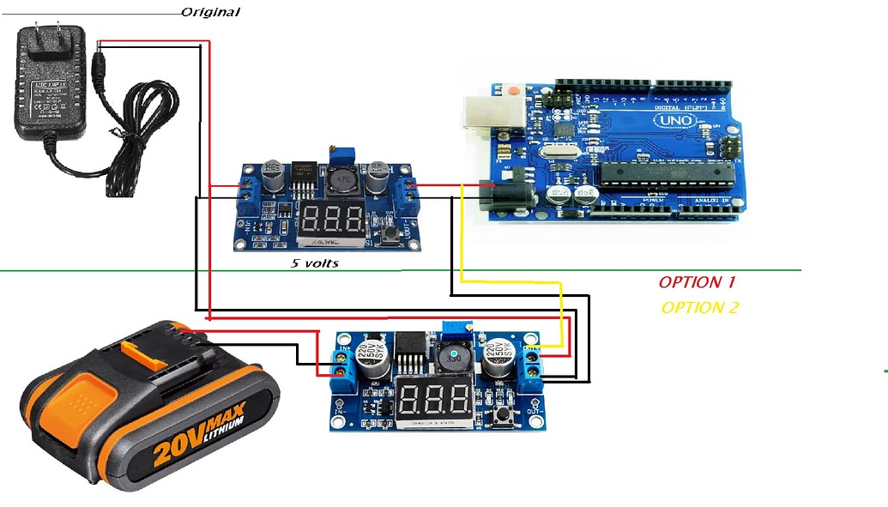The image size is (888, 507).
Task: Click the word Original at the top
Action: pyautogui.click(x=210, y=12)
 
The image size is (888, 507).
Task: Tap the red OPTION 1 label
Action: pyautogui.click(x=697, y=282)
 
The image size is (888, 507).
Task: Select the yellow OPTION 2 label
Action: pyautogui.click(x=699, y=308)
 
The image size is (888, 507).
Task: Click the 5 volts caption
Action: pyautogui.click(x=314, y=263)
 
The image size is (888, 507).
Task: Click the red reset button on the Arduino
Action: pyautogui.click(x=513, y=90)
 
